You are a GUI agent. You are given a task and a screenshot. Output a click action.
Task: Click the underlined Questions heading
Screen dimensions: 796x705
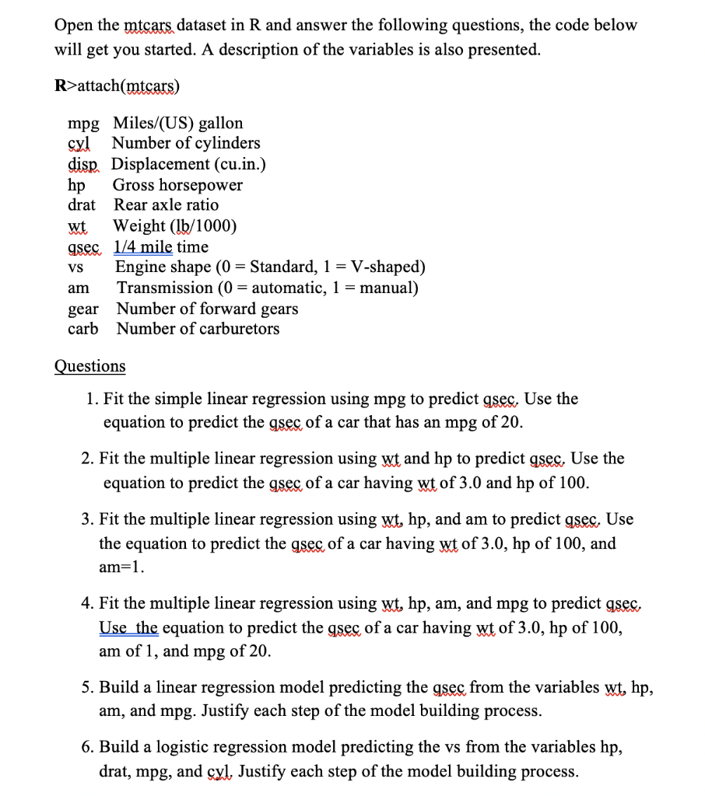click(89, 366)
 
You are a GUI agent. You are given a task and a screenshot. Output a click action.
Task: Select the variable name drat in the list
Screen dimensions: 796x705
click(82, 205)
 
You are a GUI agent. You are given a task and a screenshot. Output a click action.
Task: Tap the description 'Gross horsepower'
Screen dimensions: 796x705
click(177, 185)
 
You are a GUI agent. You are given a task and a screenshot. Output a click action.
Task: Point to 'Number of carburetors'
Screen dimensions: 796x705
click(198, 328)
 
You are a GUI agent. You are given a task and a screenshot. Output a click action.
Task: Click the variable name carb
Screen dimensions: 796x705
click(83, 328)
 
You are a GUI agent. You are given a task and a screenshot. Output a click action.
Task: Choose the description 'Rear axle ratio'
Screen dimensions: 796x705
click(166, 205)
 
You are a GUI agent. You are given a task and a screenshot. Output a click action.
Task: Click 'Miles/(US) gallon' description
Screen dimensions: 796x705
click(177, 123)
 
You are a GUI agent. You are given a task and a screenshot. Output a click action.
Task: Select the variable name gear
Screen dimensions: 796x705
click(83, 308)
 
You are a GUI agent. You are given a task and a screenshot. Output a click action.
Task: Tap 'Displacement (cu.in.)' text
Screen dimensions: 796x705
click(189, 164)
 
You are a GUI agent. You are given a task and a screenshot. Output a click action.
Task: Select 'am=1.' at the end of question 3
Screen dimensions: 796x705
click(121, 567)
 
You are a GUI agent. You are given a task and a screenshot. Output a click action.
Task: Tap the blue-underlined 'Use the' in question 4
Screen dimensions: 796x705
click(128, 627)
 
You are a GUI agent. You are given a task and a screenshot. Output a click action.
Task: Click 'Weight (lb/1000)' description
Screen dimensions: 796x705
click(175, 226)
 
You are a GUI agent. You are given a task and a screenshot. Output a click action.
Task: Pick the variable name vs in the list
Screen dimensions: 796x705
click(75, 267)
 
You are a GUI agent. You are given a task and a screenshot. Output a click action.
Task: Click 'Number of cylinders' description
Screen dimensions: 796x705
click(186, 143)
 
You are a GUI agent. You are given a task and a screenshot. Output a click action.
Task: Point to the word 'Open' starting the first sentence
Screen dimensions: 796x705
click(74, 25)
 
